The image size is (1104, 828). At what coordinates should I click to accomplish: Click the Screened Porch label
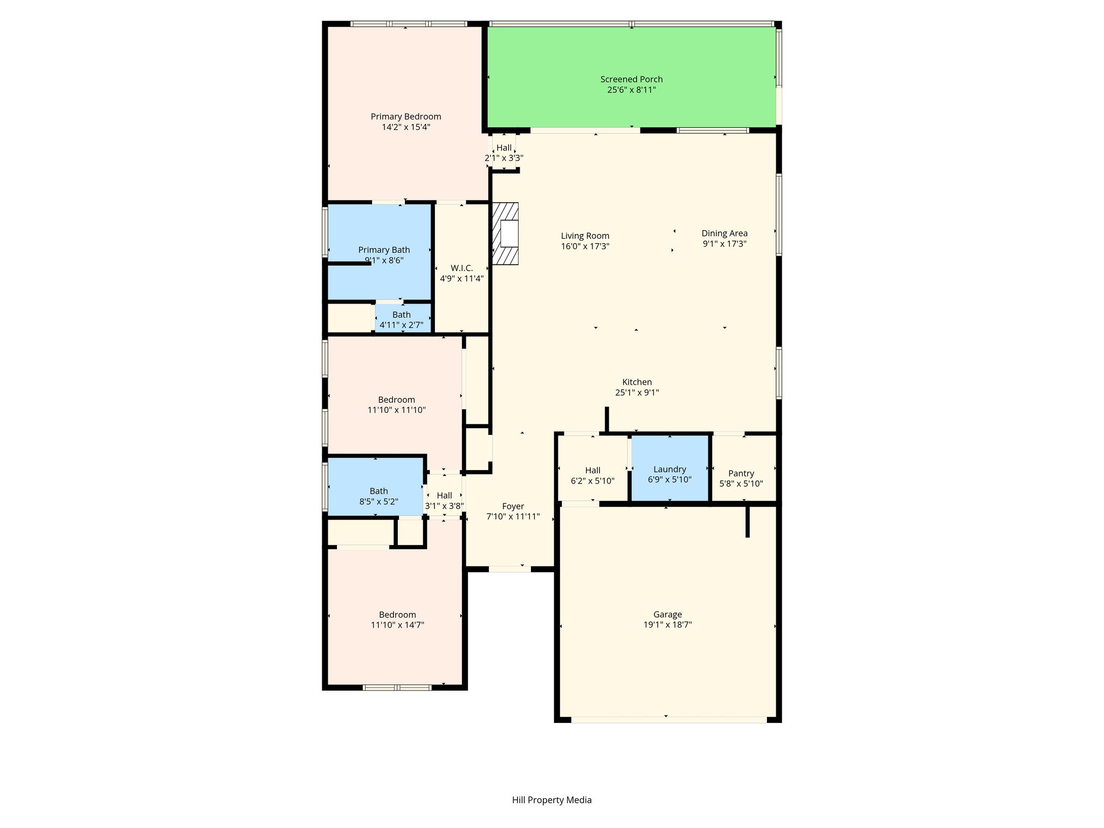coord(631,79)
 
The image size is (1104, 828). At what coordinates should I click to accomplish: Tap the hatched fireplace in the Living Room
coord(505,233)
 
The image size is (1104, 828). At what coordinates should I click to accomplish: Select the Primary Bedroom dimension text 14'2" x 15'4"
coord(406,127)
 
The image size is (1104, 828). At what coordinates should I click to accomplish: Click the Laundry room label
coord(670,470)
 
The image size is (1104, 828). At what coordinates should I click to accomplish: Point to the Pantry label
coord(741,473)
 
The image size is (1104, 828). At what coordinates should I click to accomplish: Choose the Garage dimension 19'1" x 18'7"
coord(667,625)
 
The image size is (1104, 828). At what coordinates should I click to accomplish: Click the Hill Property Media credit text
coord(552,800)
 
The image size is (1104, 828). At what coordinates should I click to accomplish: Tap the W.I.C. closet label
coord(462,268)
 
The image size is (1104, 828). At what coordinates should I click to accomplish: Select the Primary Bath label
coord(384,250)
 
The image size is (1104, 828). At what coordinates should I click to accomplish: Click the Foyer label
coord(513,506)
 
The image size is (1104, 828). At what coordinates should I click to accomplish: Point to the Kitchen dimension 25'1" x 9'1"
coord(637,392)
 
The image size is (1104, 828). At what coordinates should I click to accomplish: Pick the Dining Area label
coord(724,233)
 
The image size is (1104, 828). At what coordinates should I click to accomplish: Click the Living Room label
coord(585,236)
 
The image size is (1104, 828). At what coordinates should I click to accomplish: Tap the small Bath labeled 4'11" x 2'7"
coord(402,320)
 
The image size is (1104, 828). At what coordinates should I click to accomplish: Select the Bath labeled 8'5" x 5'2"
coord(379,496)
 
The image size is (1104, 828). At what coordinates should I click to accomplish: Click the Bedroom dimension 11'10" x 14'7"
coord(398,625)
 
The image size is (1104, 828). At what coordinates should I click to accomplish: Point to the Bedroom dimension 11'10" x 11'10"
coord(397,410)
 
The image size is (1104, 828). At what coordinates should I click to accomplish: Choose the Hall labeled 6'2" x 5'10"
coord(592,475)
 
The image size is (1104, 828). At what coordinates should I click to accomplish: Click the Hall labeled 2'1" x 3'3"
coord(504,153)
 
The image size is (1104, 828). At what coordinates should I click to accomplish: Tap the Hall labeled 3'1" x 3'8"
coord(444,500)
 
